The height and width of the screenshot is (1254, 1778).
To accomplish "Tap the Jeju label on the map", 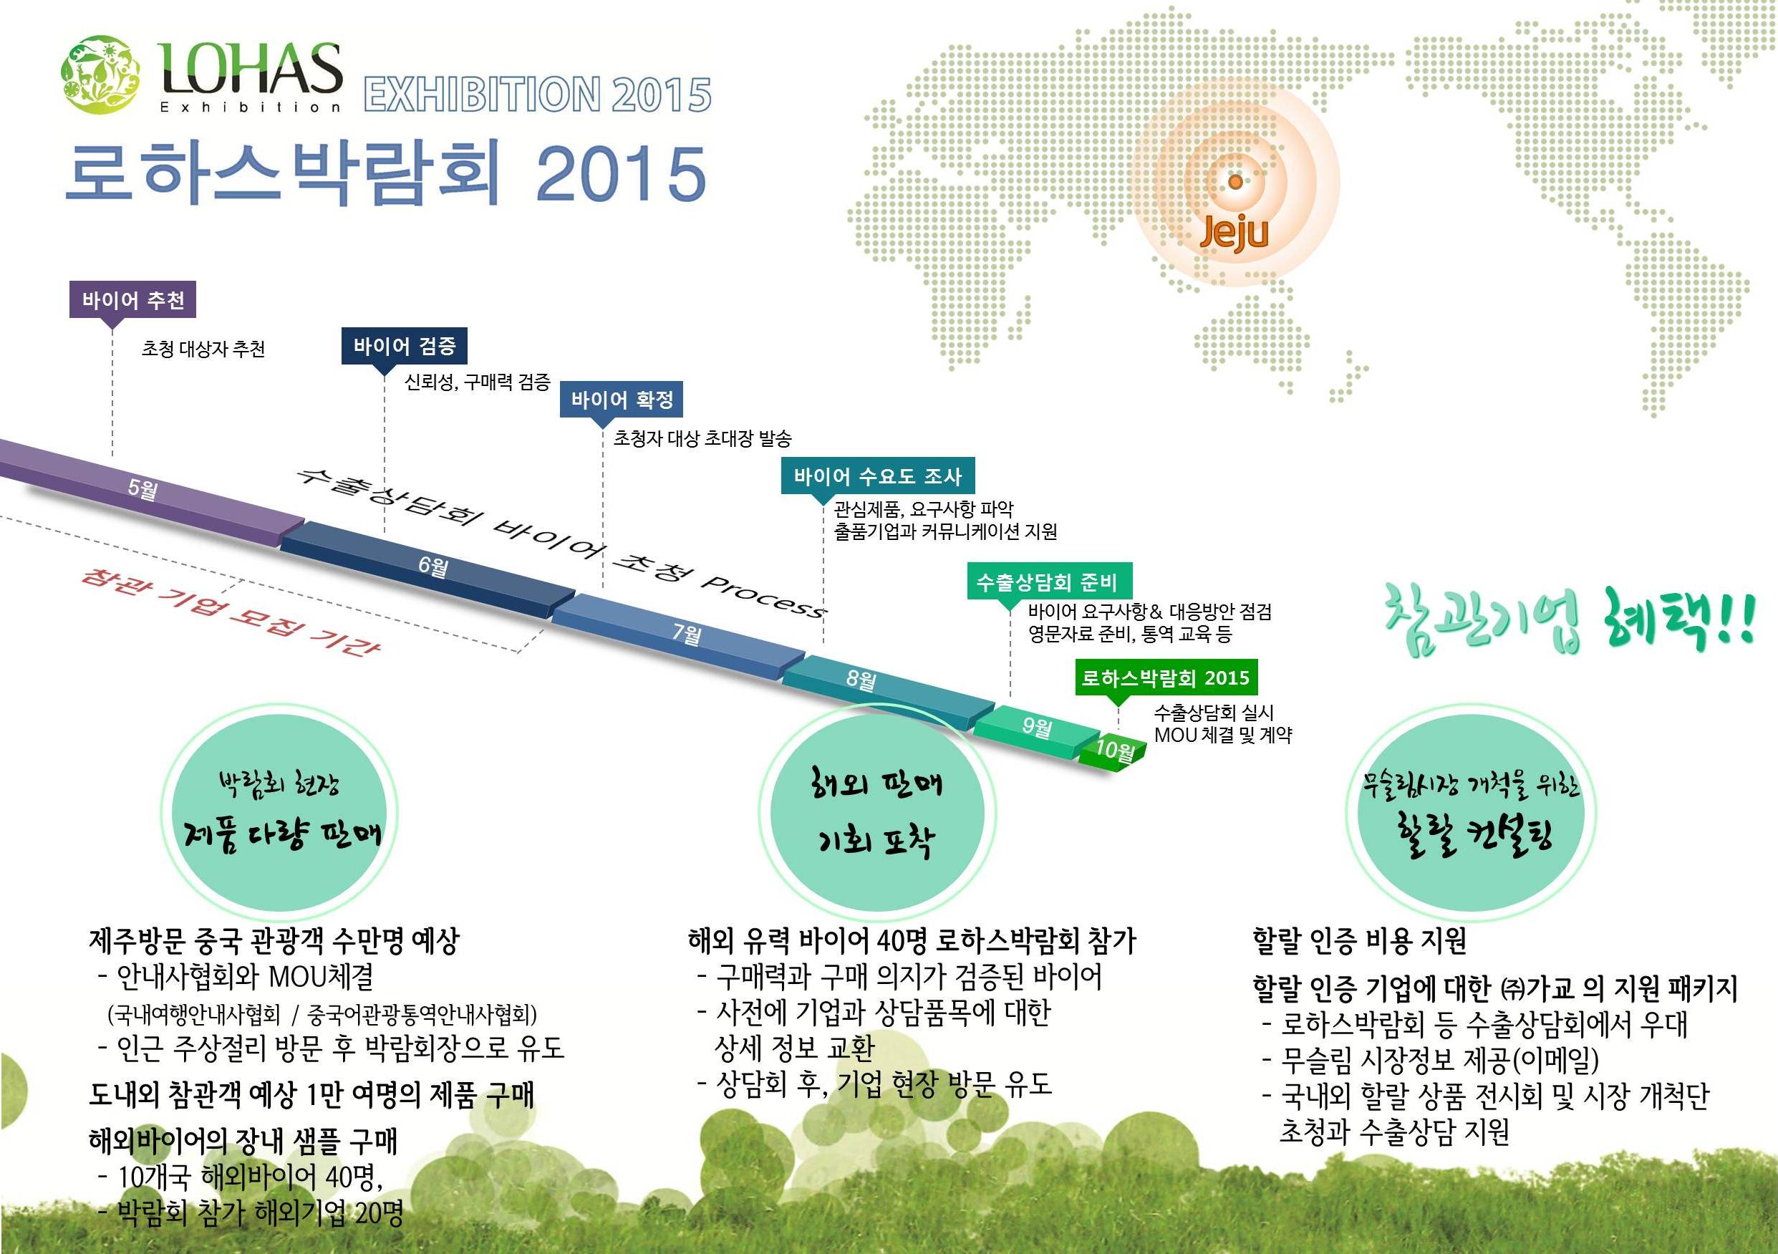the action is coord(1234,231).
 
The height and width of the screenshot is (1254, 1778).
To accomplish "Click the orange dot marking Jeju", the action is coord(1235,182).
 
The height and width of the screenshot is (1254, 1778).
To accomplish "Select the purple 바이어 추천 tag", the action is coord(132,300).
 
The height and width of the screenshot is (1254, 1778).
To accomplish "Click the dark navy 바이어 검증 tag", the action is coord(405,345).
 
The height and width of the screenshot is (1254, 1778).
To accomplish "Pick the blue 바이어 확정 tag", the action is coord(622,400).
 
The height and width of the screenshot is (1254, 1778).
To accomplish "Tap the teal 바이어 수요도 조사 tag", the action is coord(877,476).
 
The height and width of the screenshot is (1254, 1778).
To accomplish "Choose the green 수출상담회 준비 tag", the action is coord(1049,581).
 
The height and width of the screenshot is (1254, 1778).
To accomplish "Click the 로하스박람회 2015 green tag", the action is coord(1166,677).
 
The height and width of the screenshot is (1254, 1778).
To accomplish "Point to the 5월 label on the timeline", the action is coord(142,488).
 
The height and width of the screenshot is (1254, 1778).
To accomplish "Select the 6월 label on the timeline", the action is coord(433,566).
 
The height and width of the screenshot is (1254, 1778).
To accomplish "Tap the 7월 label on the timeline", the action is coord(687,634).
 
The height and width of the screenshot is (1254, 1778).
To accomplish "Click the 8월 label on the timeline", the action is coord(861,680).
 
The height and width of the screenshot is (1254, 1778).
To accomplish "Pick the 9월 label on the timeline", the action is coord(1037,726).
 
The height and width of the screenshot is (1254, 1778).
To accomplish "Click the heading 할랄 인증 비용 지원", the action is coord(1359,941).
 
